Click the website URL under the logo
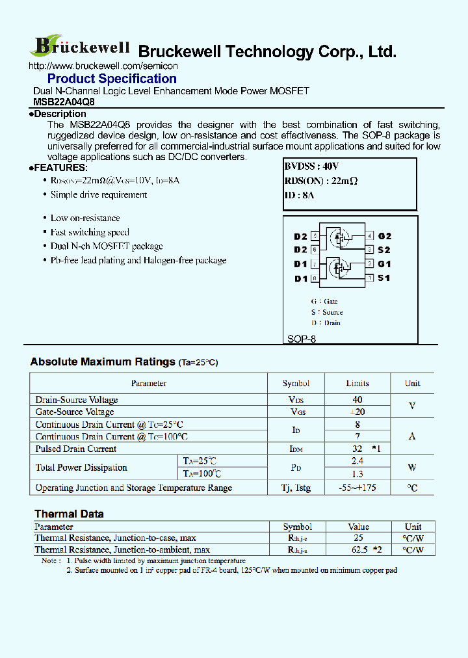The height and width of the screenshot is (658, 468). tap(104, 66)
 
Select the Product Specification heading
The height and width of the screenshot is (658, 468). tap(112, 79)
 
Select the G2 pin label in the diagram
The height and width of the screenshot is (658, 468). tap(385, 236)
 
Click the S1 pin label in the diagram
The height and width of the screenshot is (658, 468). tap(384, 278)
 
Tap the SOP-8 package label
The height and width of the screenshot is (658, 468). tap(302, 339)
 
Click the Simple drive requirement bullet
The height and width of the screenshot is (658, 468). tap(99, 194)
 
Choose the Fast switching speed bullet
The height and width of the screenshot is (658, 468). tap(90, 232)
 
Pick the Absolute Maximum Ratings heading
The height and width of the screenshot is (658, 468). tap(103, 362)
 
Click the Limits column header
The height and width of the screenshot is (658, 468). tap(357, 383)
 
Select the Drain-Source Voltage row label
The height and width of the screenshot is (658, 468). tap(77, 400)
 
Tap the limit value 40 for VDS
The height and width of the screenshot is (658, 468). tap(357, 400)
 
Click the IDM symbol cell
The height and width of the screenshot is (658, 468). tap(296, 449)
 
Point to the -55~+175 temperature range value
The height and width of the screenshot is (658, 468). tap(357, 488)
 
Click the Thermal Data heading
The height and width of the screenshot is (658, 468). tap(69, 514)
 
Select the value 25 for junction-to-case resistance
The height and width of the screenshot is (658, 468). tap(358, 538)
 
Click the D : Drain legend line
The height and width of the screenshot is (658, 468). tap(326, 322)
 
